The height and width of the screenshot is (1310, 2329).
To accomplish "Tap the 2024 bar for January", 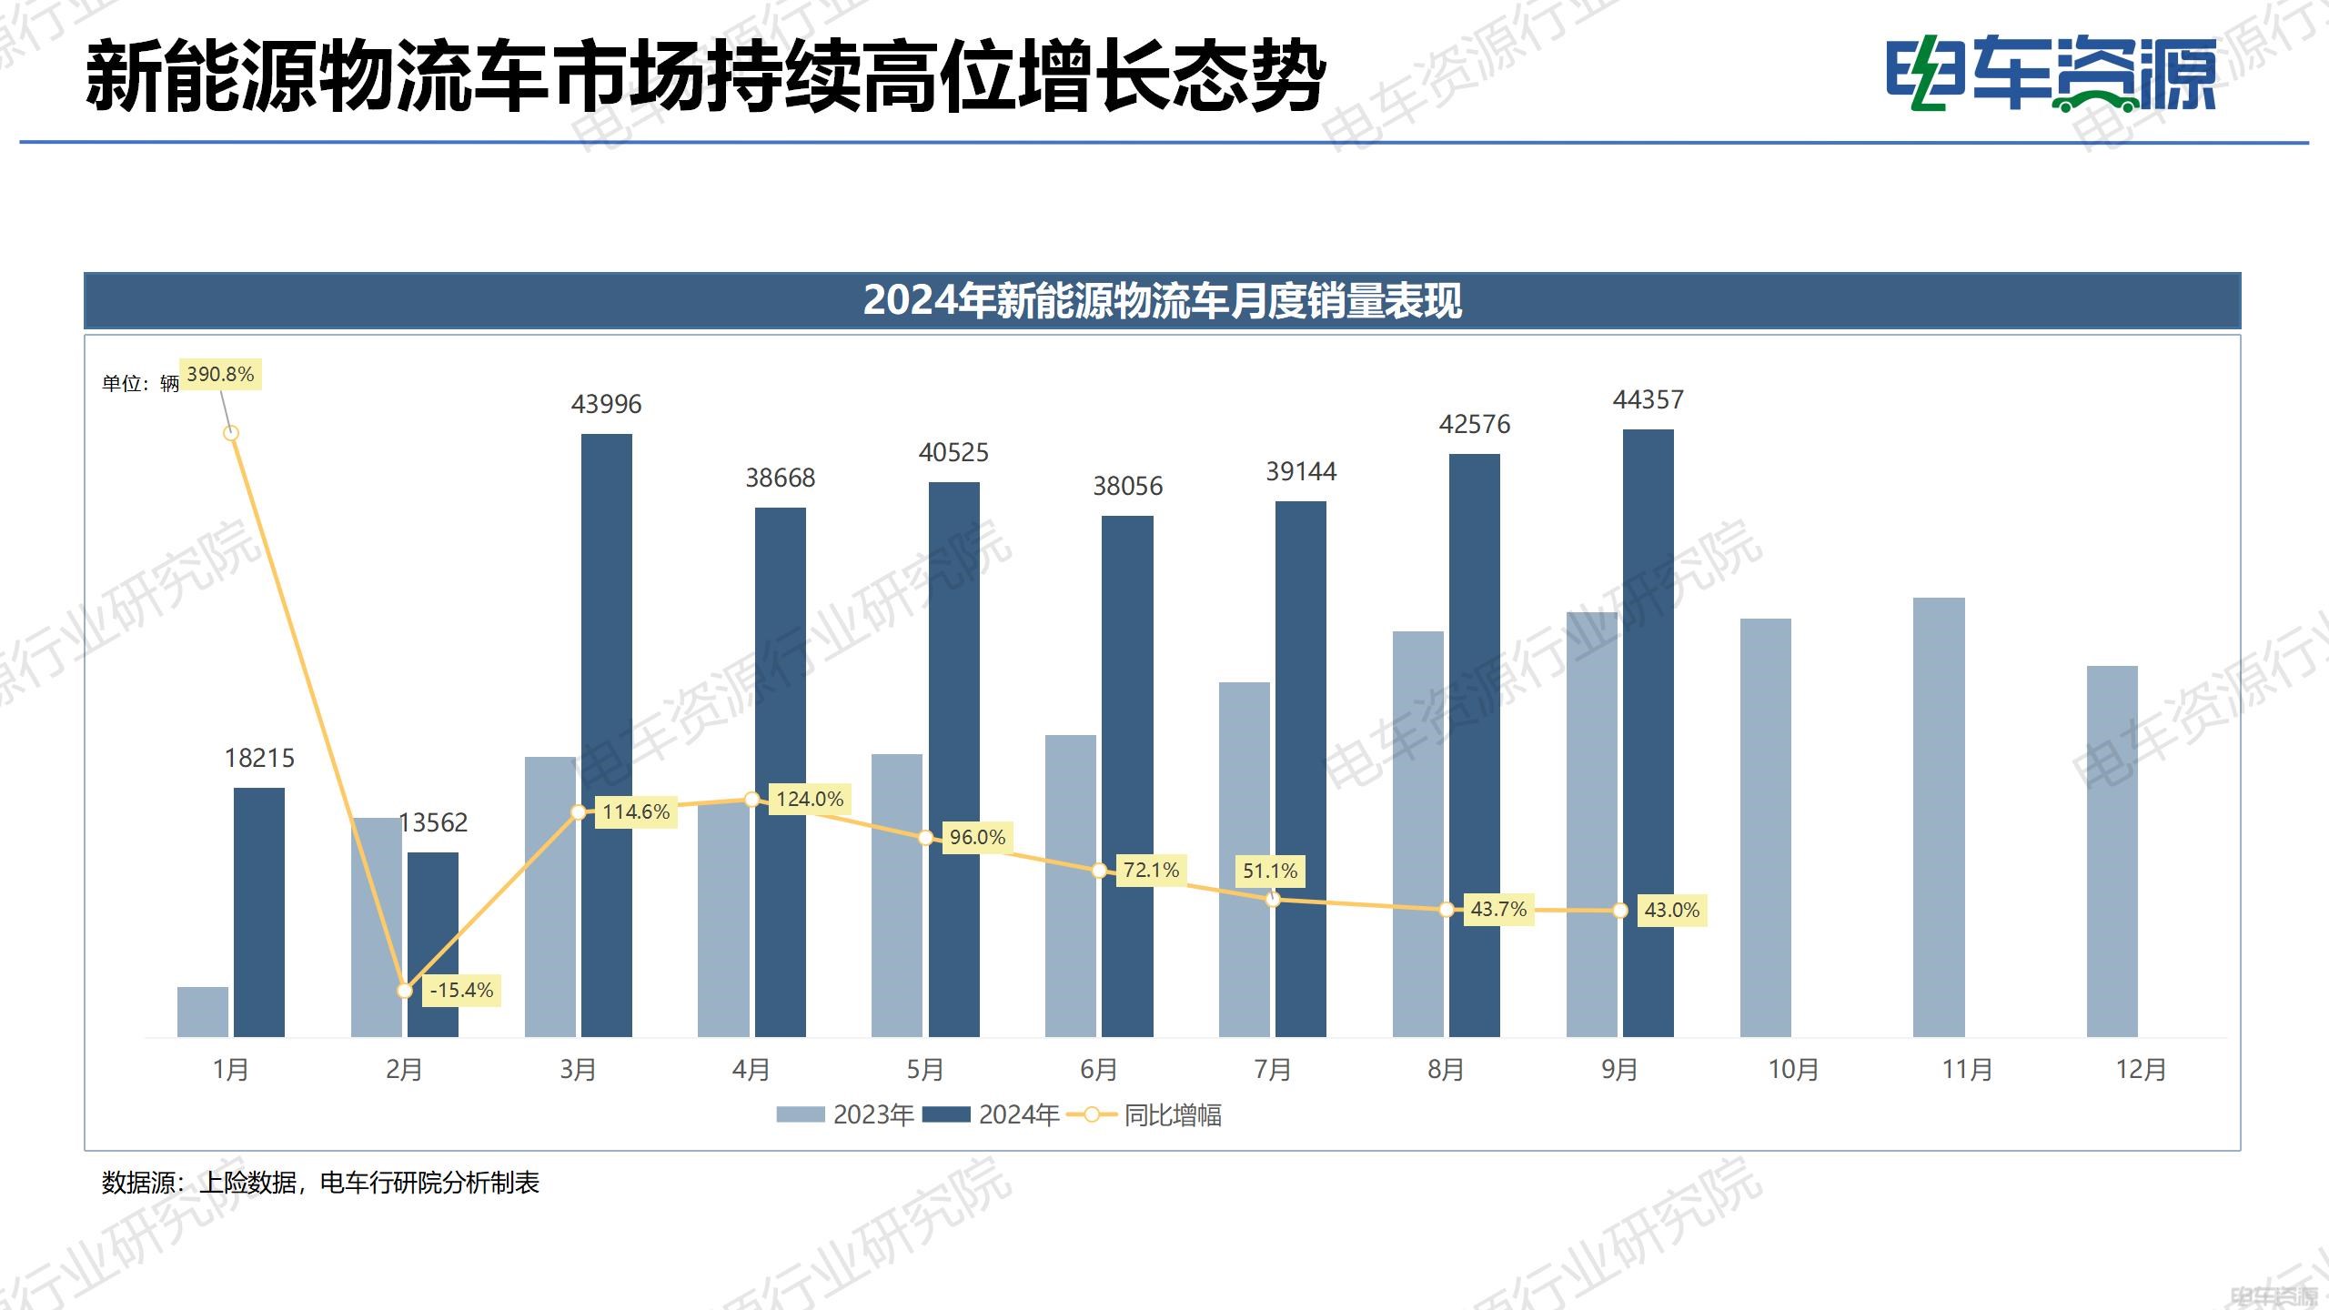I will [259, 912].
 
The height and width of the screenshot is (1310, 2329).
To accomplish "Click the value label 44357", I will [1648, 399].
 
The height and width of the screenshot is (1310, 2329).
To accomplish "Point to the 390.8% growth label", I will [220, 374].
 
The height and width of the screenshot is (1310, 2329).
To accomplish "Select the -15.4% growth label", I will [461, 990].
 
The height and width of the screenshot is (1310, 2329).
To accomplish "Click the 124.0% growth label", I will [810, 799].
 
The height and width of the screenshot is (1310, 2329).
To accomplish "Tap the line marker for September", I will [1620, 910].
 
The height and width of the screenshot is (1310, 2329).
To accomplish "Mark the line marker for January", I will [231, 433].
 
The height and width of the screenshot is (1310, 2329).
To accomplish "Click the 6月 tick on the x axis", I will [1098, 1069].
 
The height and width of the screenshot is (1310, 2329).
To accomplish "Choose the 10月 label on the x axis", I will [1792, 1069].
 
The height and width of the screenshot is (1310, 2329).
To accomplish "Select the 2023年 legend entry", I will [845, 1114].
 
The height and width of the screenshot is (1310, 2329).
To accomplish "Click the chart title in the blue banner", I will [1162, 300].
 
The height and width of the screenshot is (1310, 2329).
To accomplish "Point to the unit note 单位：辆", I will [140, 384].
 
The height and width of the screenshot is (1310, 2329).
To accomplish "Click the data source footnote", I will [320, 1183].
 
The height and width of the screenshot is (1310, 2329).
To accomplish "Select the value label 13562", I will [433, 822].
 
